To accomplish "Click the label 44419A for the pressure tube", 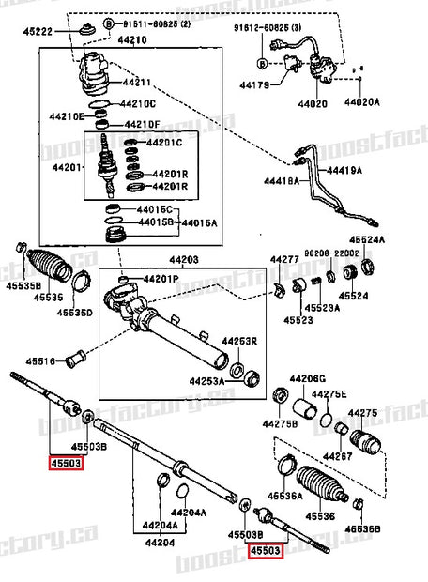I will click(343, 170).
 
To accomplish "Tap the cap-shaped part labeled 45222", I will click(86, 30).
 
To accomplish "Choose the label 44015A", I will click(198, 222).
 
